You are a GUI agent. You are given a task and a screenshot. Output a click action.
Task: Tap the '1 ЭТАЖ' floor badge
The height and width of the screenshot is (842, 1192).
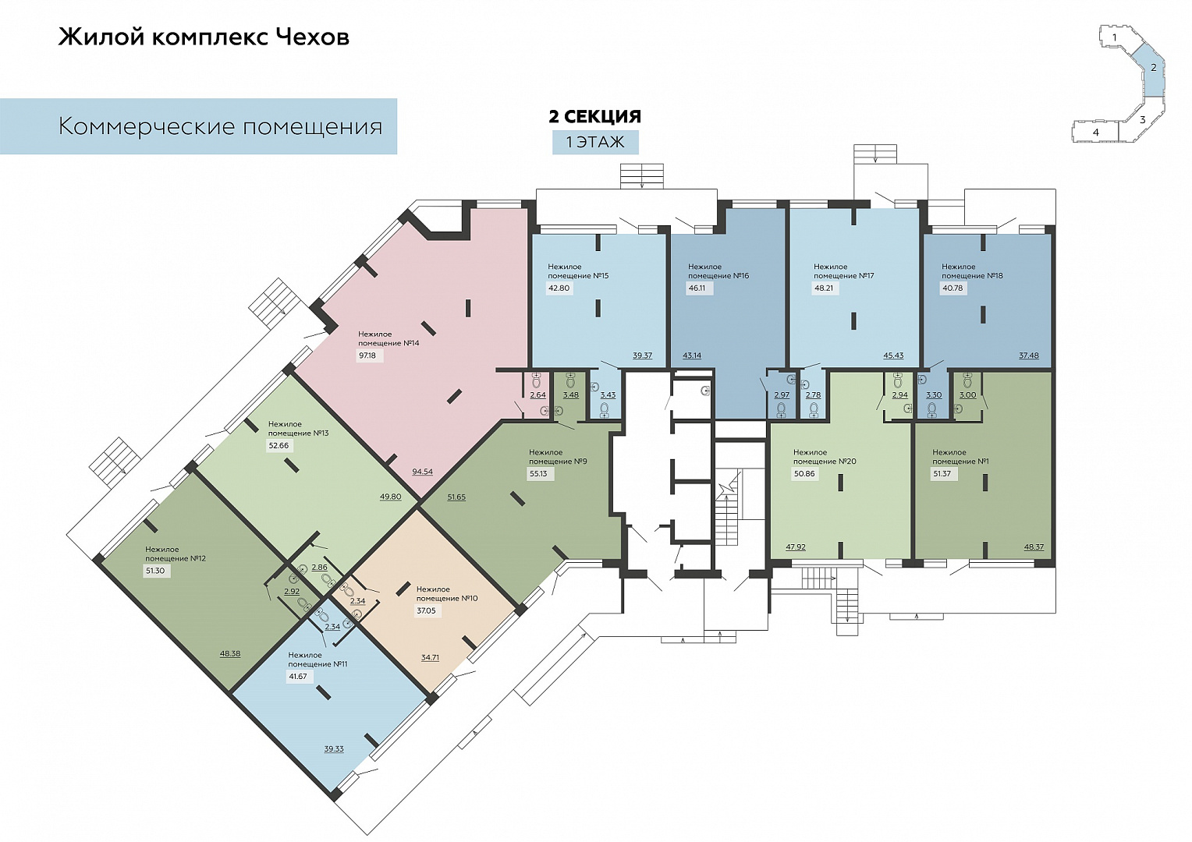click(x=595, y=142)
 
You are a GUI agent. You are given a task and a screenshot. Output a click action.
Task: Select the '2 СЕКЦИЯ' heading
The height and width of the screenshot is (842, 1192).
click(x=595, y=116)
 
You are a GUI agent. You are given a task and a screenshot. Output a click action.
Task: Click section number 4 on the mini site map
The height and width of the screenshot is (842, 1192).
click(x=1096, y=133)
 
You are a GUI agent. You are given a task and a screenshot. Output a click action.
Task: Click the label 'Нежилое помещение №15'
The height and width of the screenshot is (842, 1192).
click(x=578, y=271)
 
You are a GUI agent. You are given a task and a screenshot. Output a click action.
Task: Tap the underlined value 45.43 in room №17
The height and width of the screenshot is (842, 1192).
click(x=892, y=356)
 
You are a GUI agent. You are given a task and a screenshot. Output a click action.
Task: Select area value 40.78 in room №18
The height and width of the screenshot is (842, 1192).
click(x=952, y=288)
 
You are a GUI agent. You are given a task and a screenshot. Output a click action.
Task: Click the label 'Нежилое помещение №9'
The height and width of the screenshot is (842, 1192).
click(x=558, y=457)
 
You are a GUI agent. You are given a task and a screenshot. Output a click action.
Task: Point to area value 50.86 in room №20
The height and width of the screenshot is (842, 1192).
click(x=804, y=473)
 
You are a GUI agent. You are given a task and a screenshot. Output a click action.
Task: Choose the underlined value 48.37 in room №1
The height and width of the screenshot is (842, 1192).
click(x=1034, y=547)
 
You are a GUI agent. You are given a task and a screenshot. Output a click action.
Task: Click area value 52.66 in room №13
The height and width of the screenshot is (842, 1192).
click(x=278, y=446)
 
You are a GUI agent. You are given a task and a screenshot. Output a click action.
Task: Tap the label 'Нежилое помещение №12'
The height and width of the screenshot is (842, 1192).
click(x=176, y=554)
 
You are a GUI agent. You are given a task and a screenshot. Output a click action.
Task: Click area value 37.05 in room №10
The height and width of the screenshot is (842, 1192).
click(x=426, y=610)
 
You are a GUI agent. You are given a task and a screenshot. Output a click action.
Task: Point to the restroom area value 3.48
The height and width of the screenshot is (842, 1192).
click(x=570, y=394)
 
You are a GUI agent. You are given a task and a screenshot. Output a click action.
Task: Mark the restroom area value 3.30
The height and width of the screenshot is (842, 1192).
click(x=933, y=394)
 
